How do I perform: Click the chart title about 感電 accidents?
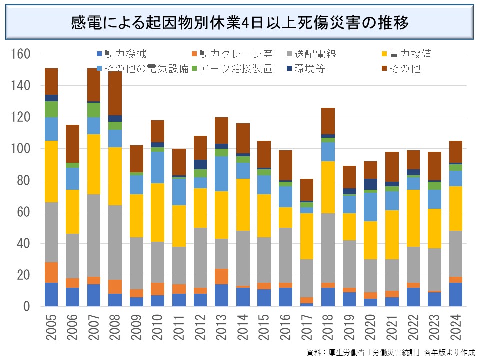click(240, 23)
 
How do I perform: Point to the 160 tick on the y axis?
click(21, 54)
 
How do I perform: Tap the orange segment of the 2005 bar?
click(52, 272)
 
